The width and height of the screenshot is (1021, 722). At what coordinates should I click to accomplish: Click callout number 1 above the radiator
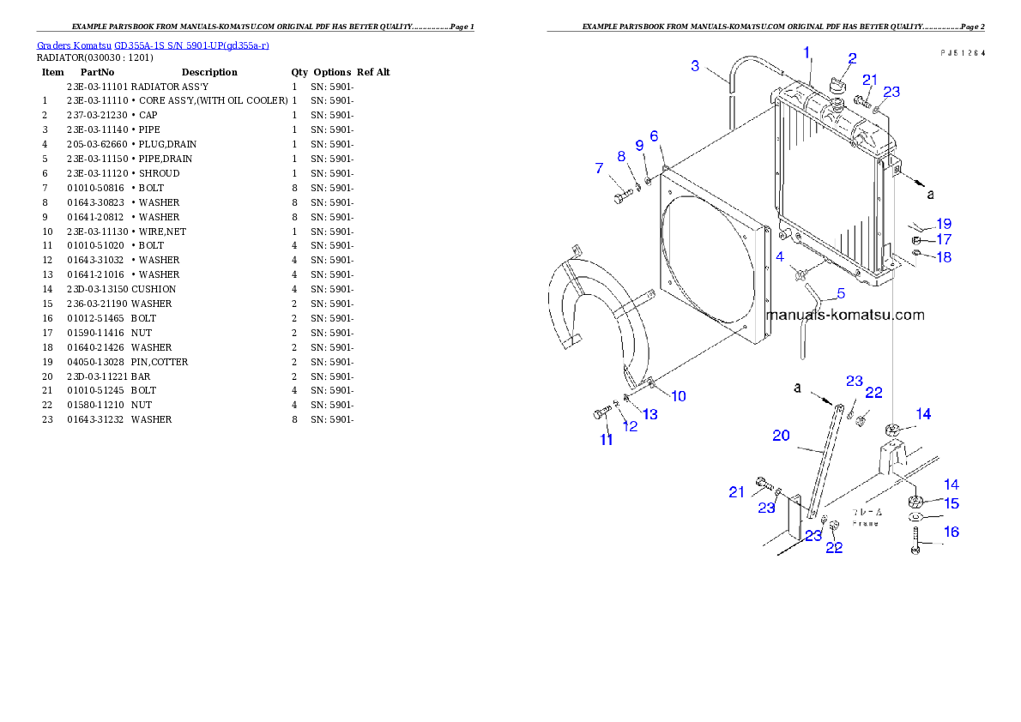click(807, 52)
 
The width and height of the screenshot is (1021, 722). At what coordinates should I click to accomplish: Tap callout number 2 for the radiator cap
click(852, 59)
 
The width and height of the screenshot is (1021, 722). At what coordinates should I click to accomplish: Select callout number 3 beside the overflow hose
click(695, 65)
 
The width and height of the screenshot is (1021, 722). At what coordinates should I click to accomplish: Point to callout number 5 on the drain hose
click(840, 293)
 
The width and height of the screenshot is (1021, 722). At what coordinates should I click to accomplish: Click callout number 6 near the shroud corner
click(654, 135)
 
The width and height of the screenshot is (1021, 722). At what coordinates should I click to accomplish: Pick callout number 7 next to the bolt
click(599, 169)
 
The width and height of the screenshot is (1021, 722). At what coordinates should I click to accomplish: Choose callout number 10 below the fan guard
click(678, 396)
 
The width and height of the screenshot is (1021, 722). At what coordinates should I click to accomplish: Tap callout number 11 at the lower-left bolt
click(607, 440)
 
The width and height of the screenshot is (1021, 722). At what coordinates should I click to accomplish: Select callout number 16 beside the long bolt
click(952, 532)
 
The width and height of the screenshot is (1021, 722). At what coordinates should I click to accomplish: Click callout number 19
click(943, 224)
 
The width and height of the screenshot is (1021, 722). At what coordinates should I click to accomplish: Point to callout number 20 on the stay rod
click(781, 436)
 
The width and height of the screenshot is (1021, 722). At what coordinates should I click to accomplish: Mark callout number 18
click(943, 257)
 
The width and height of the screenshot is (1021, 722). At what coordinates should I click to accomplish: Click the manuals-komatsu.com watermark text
click(845, 315)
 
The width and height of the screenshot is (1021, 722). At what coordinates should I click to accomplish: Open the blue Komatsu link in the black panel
click(153, 45)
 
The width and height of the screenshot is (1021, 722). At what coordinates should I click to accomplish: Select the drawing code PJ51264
click(962, 52)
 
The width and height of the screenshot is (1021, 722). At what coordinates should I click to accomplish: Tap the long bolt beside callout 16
click(915, 541)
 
